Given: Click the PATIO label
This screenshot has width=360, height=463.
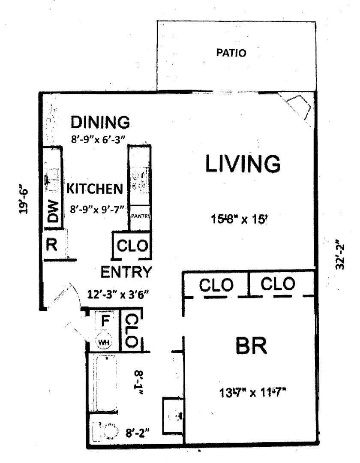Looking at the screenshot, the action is (231, 53).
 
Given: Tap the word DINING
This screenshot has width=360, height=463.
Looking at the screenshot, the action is (100, 122).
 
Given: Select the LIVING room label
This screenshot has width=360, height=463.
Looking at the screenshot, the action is (243, 164).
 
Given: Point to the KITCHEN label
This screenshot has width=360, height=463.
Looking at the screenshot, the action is (95, 189).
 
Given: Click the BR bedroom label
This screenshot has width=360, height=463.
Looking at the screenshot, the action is (252, 346).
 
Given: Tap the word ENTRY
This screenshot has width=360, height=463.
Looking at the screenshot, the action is (126, 272).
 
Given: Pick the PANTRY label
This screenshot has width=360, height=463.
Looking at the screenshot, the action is (141, 216).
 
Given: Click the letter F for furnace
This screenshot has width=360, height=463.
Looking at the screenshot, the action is (105, 321).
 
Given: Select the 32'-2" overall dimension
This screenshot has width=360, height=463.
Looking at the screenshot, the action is (339, 256).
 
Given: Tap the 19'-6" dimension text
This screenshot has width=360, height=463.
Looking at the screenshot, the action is (23, 199).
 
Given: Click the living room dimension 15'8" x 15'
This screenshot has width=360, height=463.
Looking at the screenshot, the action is (239, 219).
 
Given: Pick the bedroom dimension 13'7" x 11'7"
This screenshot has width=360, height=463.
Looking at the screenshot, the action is (253, 393).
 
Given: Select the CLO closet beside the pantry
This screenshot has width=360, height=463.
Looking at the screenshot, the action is (132, 245).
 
